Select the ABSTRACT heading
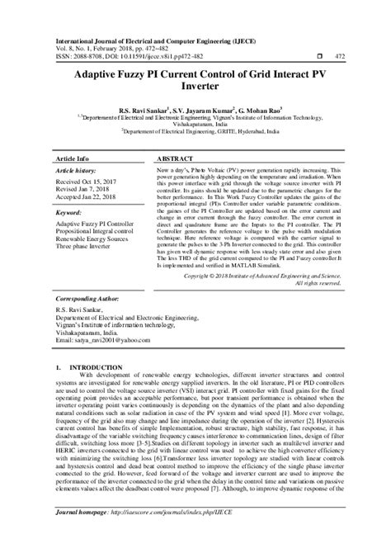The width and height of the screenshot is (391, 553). [175, 157]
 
